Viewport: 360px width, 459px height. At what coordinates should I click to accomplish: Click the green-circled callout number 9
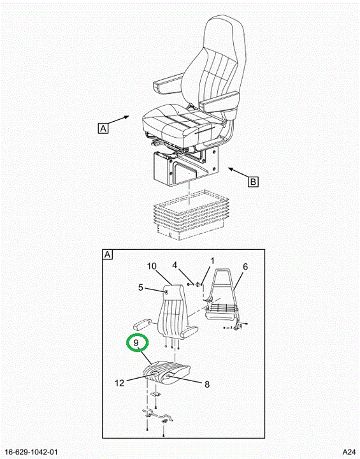(136, 342)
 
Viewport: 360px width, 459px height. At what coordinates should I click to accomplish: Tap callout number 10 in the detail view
(152, 266)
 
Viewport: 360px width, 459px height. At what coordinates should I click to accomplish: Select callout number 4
(175, 265)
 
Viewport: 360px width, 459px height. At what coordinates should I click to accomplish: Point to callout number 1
(212, 261)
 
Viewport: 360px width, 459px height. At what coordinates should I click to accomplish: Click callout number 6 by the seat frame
(245, 266)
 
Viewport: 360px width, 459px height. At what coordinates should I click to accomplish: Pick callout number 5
(141, 288)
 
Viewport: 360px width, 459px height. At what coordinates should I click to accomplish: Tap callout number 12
(119, 383)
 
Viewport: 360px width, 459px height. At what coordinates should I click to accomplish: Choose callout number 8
(207, 384)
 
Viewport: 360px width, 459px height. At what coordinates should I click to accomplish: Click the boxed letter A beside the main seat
(103, 128)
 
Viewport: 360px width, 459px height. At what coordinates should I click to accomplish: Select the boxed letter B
(254, 182)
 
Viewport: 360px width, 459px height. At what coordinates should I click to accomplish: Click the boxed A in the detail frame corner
(108, 254)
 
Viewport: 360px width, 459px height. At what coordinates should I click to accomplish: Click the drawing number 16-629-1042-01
(32, 452)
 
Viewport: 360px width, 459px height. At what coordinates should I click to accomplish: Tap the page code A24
(349, 452)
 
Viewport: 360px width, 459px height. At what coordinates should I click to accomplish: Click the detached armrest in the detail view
(142, 324)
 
